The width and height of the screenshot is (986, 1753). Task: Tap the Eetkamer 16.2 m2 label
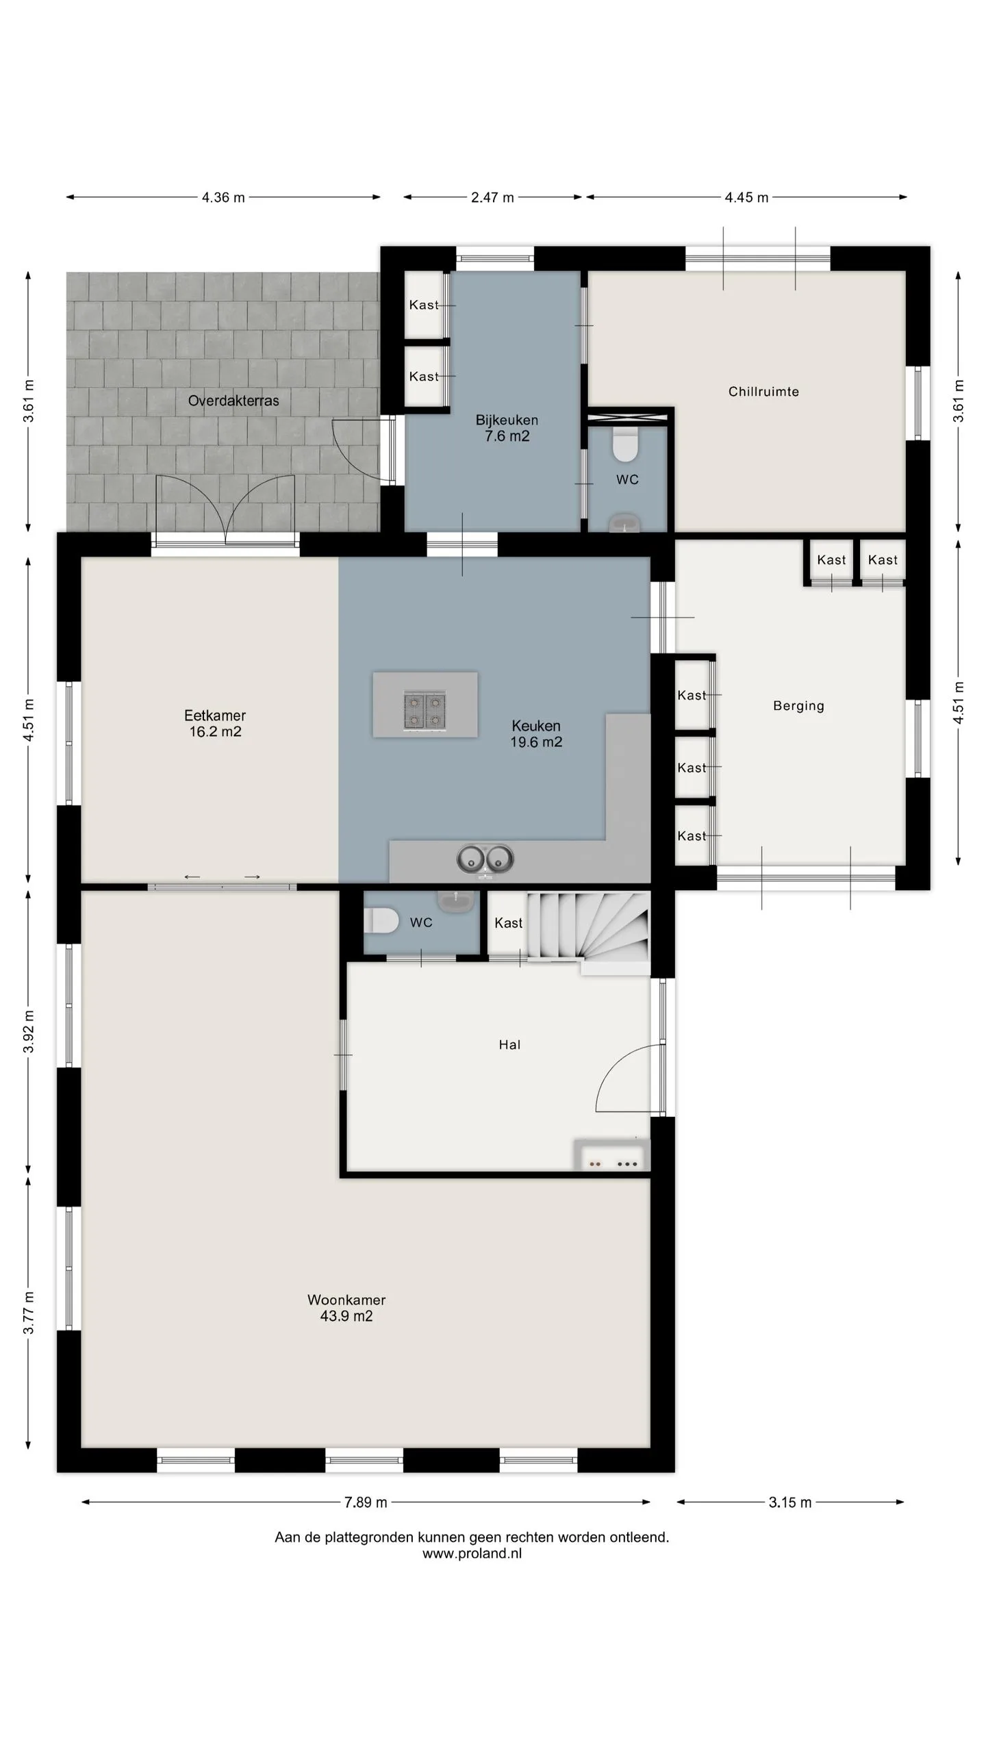coord(215,723)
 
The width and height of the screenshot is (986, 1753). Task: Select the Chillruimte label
coord(763,392)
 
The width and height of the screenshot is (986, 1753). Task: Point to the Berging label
coord(798,706)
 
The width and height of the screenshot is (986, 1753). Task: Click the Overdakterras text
coord(233,401)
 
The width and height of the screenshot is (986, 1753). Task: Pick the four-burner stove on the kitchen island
coord(425,711)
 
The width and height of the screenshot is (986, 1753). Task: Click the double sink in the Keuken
coord(485,859)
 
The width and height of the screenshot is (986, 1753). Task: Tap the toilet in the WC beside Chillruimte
coord(625,444)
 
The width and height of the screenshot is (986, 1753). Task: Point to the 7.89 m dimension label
coord(366,1502)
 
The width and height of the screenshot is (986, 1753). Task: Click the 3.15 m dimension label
coord(789,1502)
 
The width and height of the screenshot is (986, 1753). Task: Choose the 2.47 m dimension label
coord(492,197)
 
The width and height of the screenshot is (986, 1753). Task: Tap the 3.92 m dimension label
coord(29,1032)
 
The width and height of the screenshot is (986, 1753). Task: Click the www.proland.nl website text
coord(472,1554)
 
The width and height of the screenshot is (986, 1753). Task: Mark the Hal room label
coord(509,1045)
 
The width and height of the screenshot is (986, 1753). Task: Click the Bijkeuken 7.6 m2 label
coord(507,428)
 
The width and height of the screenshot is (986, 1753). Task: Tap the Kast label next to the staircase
coord(508,923)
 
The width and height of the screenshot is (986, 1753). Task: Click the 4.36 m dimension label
coord(223,197)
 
